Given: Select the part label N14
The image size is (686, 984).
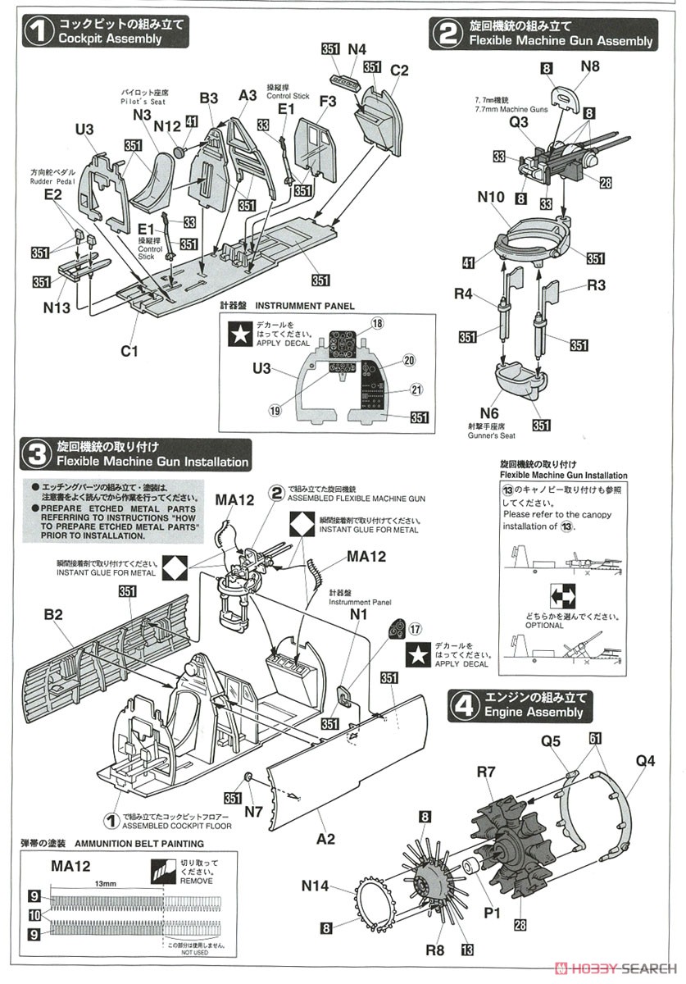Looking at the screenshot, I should pyautogui.click(x=316, y=886).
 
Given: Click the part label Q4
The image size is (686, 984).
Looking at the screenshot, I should pyautogui.click(x=645, y=760).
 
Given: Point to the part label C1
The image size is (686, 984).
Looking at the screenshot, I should pyautogui.click(x=129, y=351).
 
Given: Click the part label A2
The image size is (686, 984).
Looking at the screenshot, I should pyautogui.click(x=326, y=838).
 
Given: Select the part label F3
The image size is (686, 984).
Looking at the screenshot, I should pyautogui.click(x=328, y=102).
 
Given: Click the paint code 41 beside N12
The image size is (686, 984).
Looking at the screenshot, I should pyautogui.click(x=192, y=121).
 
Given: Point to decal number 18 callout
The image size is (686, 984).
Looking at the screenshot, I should pyautogui.click(x=377, y=325).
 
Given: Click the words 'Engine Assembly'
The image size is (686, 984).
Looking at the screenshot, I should pyautogui.click(x=534, y=712).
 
